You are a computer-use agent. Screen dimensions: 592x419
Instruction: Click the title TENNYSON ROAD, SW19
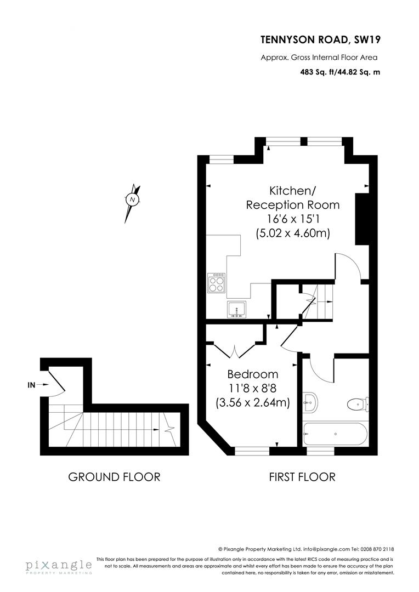(x=320, y=39)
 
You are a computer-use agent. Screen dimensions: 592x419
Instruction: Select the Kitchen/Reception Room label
(x=292, y=198)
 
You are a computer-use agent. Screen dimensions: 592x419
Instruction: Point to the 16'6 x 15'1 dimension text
(x=292, y=219)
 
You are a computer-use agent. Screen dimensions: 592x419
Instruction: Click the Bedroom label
(x=253, y=374)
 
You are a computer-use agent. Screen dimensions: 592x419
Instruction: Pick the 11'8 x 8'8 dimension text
(x=253, y=389)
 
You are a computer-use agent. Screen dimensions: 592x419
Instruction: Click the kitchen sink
(x=236, y=309)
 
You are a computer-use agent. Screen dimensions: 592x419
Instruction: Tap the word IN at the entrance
(x=32, y=385)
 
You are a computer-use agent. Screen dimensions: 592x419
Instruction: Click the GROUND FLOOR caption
(x=114, y=477)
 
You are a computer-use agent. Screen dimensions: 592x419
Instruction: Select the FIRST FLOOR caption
(x=302, y=477)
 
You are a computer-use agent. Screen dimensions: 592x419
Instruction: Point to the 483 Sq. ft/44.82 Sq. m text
(x=340, y=72)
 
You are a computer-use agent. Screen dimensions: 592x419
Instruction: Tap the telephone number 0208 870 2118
(x=378, y=549)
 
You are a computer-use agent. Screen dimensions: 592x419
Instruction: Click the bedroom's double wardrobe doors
(x=235, y=349)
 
